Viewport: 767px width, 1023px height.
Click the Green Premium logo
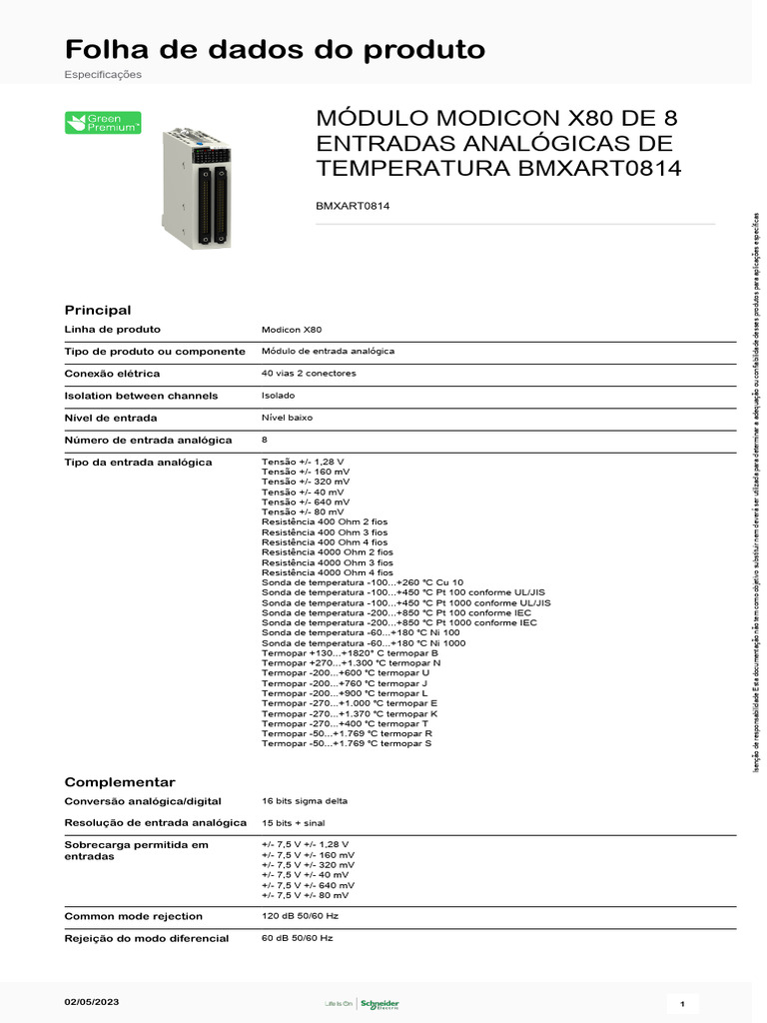pyautogui.click(x=103, y=123)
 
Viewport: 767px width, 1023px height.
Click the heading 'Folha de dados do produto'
pyautogui.click(x=275, y=49)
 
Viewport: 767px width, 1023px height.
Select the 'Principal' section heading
pyautogui.click(x=98, y=310)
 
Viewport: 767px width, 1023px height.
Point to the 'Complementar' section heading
pyautogui.click(x=120, y=782)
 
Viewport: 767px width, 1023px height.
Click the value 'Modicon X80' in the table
pyautogui.click(x=292, y=330)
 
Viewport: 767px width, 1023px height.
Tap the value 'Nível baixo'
pyautogui.click(x=288, y=418)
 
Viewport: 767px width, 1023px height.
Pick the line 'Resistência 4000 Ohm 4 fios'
pyautogui.click(x=328, y=572)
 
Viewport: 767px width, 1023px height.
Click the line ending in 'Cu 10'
pyautogui.click(x=363, y=582)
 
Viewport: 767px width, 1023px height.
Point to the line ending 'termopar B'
pyautogui.click(x=350, y=653)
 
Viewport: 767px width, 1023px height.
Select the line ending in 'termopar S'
pyautogui.click(x=347, y=744)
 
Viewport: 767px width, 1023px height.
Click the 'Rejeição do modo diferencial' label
pyautogui.click(x=147, y=938)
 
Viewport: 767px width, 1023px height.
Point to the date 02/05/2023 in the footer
pyautogui.click(x=91, y=1001)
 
